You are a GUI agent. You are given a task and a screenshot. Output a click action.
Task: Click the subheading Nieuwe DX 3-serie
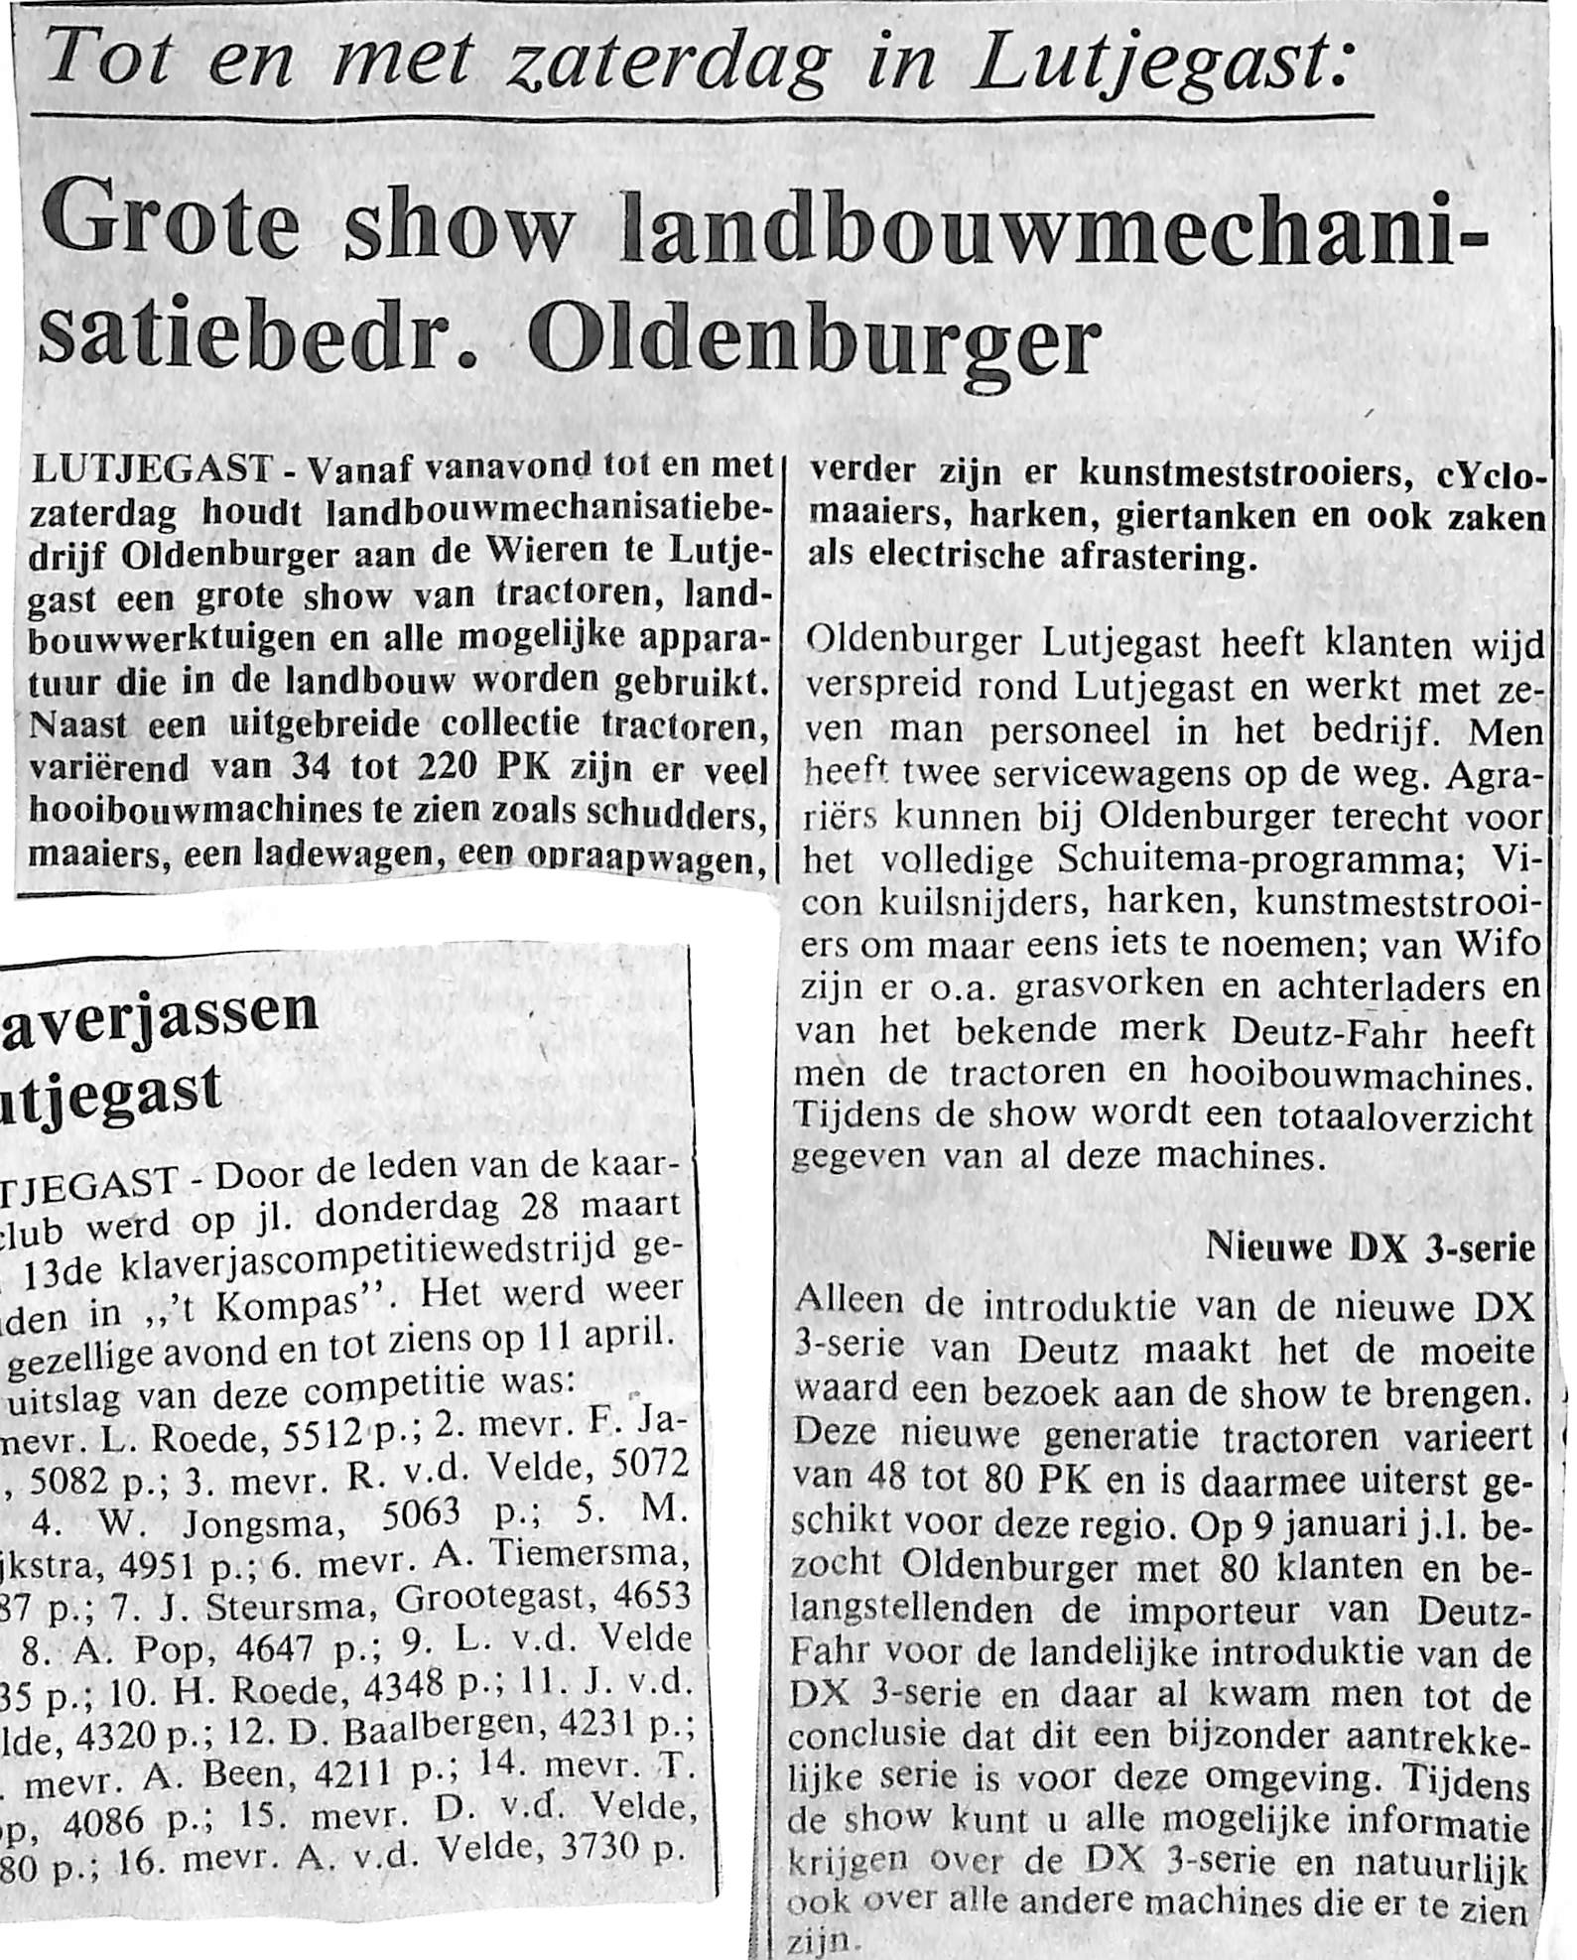point(1371,1247)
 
